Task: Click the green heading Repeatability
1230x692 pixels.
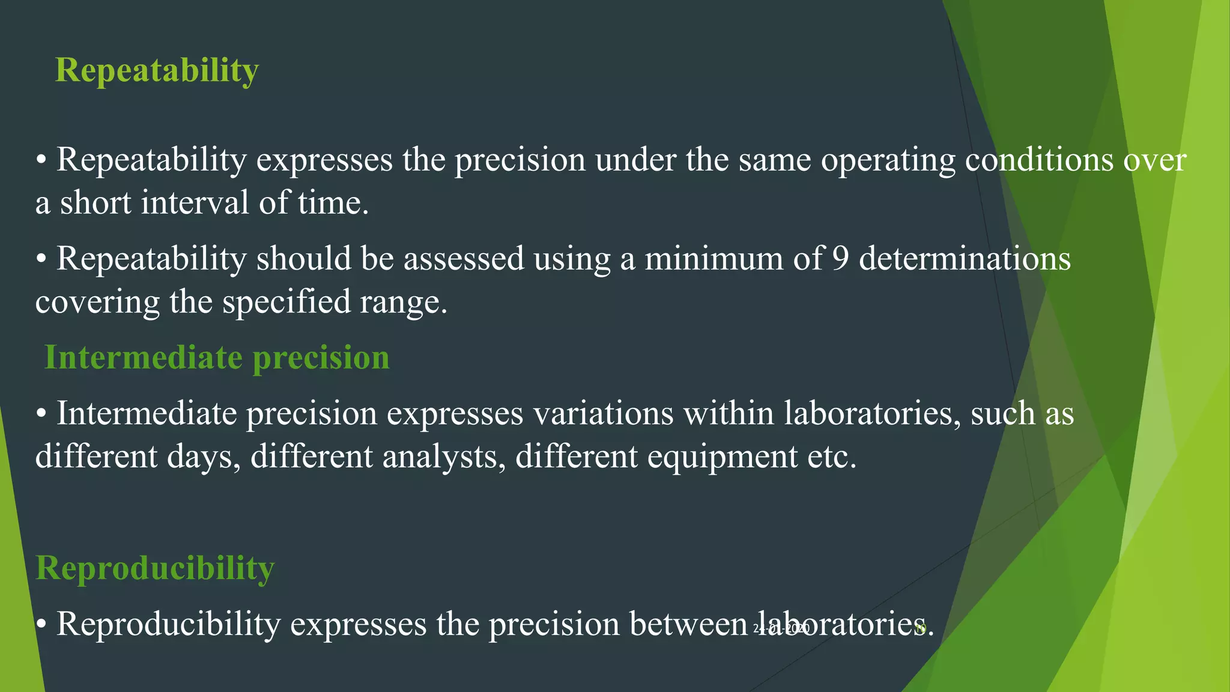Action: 157,71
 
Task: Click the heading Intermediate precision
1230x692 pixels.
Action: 217,358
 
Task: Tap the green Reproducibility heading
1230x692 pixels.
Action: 155,568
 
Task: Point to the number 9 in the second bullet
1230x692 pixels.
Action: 840,259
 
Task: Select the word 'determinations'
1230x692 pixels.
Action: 965,259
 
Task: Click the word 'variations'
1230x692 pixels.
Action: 603,414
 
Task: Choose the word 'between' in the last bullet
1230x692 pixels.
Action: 688,624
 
